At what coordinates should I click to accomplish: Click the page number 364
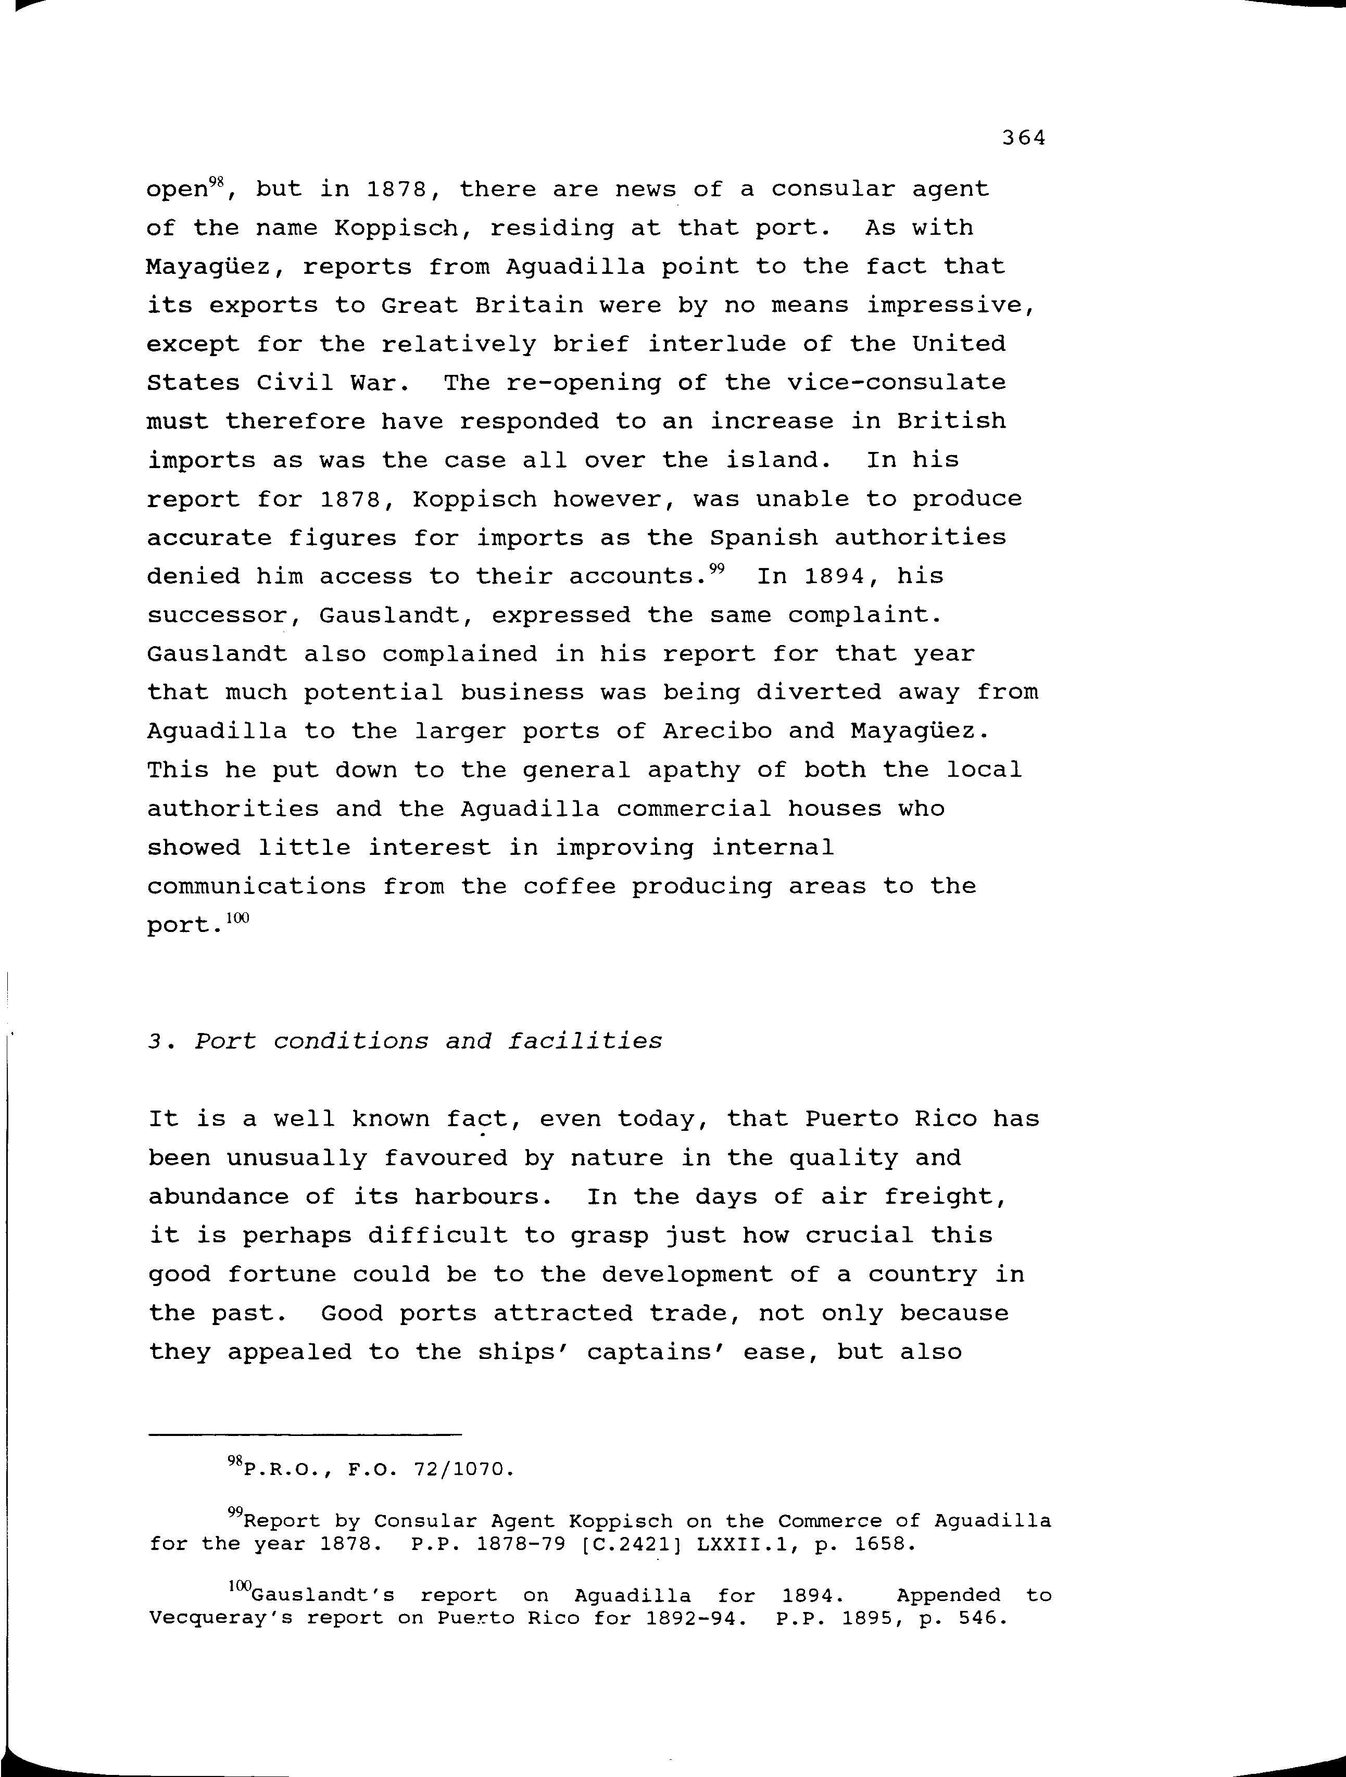click(x=1023, y=138)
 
